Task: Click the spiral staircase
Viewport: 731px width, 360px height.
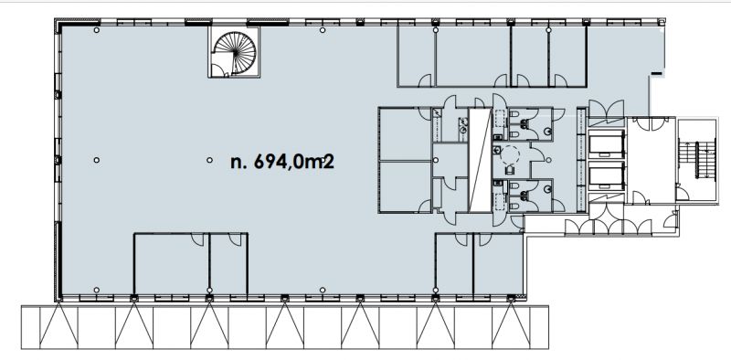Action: (x=234, y=52)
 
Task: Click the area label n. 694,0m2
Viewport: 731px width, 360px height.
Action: (x=282, y=162)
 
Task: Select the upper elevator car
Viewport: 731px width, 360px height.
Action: (x=607, y=143)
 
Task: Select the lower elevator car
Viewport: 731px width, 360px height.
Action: (x=607, y=177)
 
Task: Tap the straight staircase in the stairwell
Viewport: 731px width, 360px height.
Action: (x=697, y=158)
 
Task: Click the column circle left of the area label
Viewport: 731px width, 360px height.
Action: (x=210, y=160)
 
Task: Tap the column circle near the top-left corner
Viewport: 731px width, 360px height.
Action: (x=97, y=30)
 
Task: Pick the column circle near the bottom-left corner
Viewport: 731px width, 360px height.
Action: (x=97, y=290)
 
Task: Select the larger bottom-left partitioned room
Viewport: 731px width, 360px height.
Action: (x=172, y=263)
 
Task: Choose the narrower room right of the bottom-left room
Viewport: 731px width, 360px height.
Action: (x=228, y=263)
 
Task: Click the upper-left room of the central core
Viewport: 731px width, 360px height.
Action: (x=405, y=133)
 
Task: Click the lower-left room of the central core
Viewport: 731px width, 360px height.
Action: (x=405, y=186)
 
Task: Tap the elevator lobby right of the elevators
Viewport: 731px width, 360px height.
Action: (x=652, y=161)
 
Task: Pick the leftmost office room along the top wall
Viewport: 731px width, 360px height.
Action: (x=417, y=56)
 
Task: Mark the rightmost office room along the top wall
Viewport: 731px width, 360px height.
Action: (x=567, y=56)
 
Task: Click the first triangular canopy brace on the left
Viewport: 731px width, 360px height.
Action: (x=58, y=325)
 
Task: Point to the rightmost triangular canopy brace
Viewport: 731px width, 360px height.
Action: (x=511, y=325)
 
